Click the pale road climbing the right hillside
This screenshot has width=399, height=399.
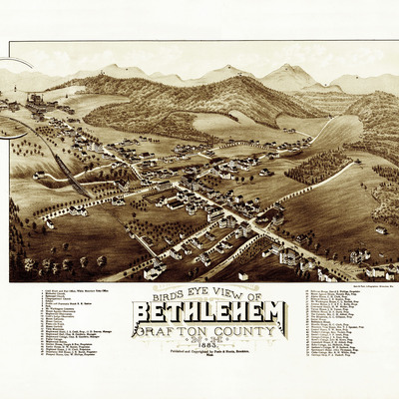[x=321, y=130]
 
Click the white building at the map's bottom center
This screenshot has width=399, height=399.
[x=155, y=271]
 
